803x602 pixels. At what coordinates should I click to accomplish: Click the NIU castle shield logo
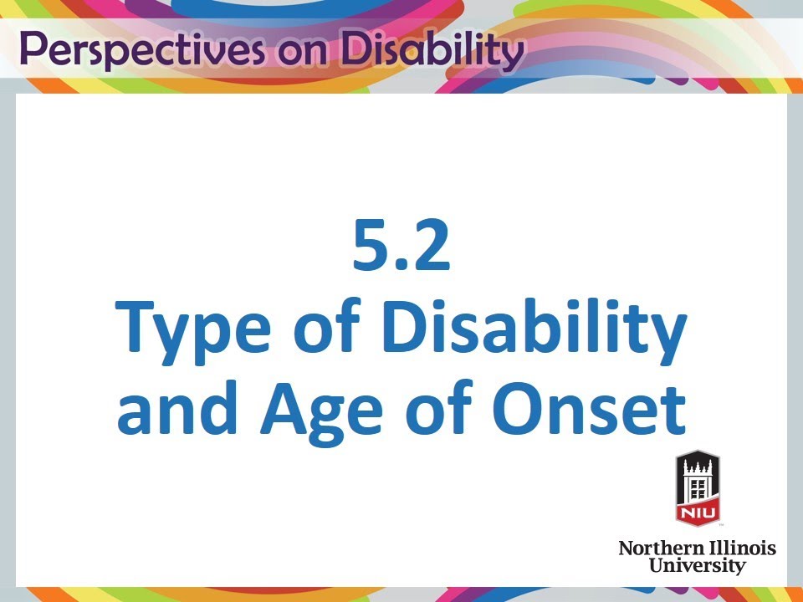point(697,488)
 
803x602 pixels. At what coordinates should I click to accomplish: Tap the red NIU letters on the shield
point(697,509)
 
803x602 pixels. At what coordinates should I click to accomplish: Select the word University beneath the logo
point(697,566)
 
